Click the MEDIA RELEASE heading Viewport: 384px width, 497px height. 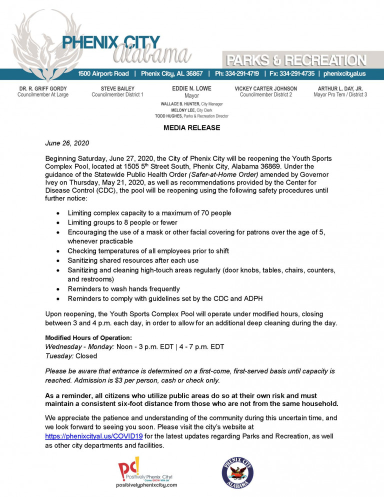point(191,128)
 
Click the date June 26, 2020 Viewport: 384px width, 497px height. point(67,143)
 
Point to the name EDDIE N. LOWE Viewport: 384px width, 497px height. point(191,88)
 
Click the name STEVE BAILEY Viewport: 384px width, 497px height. point(117,88)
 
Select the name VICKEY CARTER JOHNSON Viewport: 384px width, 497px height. point(265,88)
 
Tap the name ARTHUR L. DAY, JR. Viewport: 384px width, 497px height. point(340,88)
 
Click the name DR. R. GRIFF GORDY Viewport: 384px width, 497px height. point(43,88)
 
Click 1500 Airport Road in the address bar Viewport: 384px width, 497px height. point(103,73)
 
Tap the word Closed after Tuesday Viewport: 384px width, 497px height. point(86,356)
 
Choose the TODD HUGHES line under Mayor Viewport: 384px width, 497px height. point(191,116)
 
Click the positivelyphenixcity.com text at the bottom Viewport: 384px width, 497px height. point(146,485)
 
